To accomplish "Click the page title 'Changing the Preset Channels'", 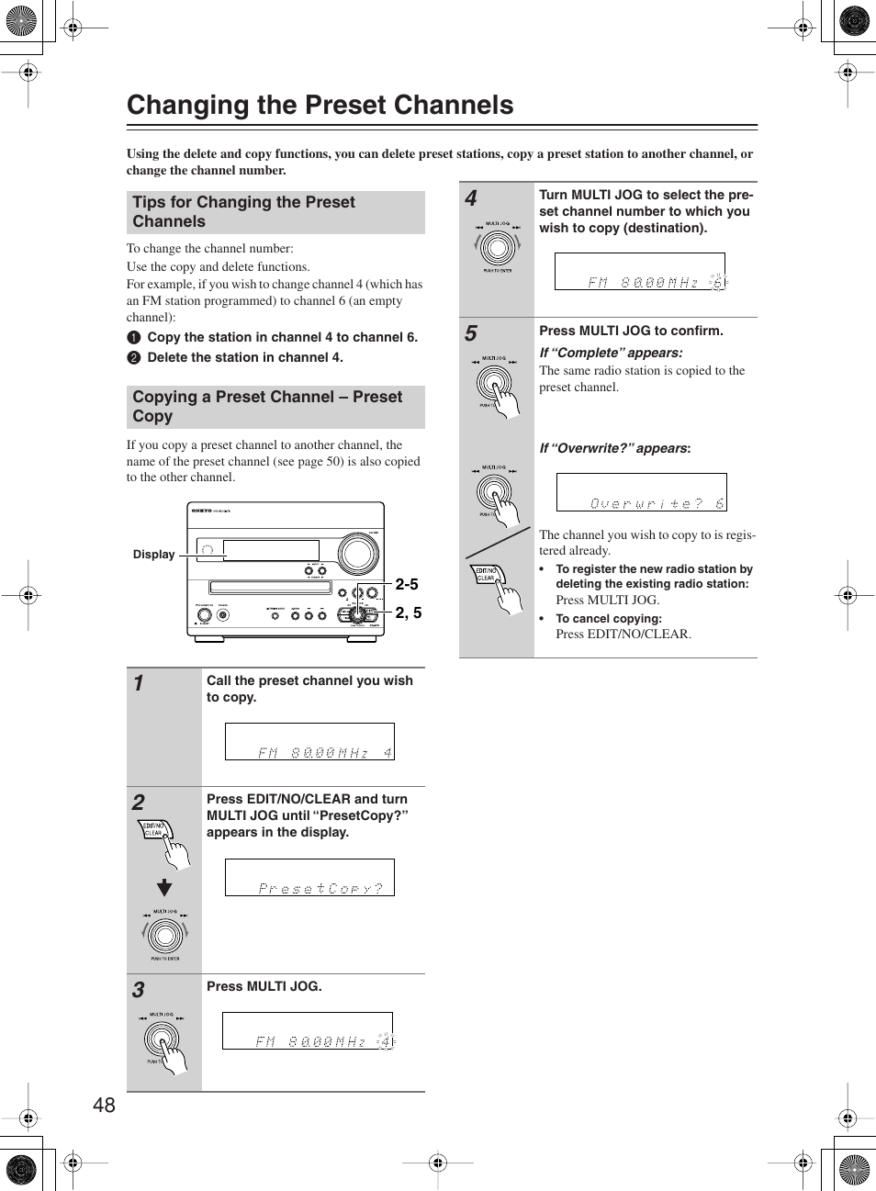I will (x=320, y=106).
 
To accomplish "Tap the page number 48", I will (x=104, y=1105).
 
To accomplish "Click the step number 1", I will (x=139, y=683).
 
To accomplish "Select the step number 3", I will (x=139, y=990).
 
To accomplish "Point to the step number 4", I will (x=471, y=198).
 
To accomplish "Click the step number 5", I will (x=471, y=333).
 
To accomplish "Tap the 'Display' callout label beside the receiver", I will (x=153, y=555).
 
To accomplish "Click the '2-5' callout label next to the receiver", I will (x=407, y=584).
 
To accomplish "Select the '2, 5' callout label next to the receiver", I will (x=409, y=612).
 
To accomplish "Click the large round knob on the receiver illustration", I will (x=357, y=554).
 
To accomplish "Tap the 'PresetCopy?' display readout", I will (x=309, y=878).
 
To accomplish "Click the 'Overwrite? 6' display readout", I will (x=641, y=493).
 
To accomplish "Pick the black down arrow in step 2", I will (x=164, y=887).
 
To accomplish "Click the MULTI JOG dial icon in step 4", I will (x=497, y=247).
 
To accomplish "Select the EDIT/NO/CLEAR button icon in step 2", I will (x=154, y=830).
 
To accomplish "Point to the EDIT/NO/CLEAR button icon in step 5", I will (x=487, y=575).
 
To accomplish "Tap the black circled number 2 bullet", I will (x=134, y=358).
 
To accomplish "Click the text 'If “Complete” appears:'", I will (x=611, y=353).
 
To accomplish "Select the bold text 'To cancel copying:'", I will (x=608, y=619).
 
